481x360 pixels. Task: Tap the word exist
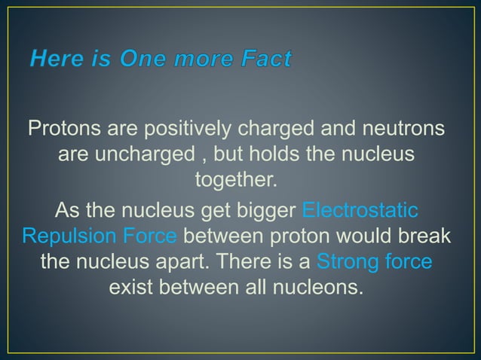(x=136, y=290)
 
